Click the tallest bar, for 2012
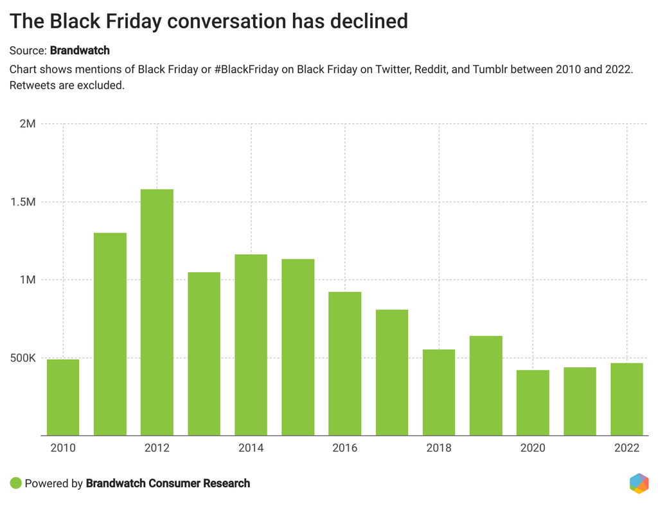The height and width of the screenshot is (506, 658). coord(157,312)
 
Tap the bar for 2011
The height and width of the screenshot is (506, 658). coord(110,334)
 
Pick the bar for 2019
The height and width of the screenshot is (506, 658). coord(486,385)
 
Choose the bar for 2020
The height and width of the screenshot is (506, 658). coord(533,403)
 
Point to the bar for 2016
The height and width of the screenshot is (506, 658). coord(345,363)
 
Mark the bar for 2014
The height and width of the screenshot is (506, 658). coord(251,345)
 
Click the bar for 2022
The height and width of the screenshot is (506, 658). coord(627,399)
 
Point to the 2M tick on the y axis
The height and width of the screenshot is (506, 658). coord(27,123)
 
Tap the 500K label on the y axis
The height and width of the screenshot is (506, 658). coord(22,358)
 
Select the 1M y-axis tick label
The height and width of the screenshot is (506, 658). coord(27,280)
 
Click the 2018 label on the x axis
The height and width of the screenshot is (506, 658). coord(439,448)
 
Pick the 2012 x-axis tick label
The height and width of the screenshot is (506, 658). coord(157,448)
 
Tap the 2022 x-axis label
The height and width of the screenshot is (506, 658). coord(627,448)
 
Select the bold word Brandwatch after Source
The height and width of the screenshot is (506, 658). coord(80,50)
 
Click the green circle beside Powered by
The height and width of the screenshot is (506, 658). coord(16,483)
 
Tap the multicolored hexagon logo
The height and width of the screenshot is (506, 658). coord(639,483)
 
